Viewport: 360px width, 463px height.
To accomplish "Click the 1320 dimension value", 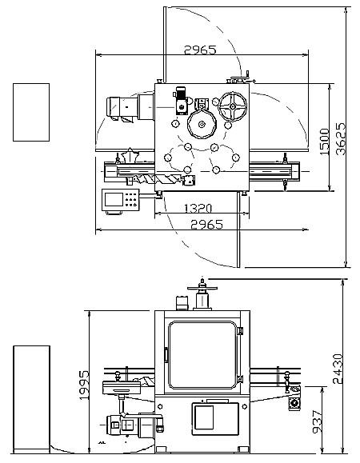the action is click(x=198, y=209).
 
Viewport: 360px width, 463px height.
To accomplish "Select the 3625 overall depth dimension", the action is click(x=341, y=139).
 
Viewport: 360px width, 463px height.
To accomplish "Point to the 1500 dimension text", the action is click(x=324, y=142).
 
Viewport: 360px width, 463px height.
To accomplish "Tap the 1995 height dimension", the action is click(x=84, y=385).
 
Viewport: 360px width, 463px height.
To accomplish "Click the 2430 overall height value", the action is click(x=338, y=369).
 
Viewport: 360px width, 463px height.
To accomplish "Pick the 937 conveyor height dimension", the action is click(x=318, y=421).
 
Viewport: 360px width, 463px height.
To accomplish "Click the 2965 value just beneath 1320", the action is click(x=206, y=225).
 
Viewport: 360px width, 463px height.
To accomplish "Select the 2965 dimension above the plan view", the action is click(x=200, y=50).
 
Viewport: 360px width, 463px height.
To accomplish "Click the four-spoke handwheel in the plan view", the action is click(x=233, y=106).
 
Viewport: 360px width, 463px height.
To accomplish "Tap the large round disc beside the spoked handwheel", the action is click(x=202, y=124).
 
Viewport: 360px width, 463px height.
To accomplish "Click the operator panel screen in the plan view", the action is click(x=114, y=199).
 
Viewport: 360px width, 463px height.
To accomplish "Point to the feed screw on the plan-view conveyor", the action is click(x=157, y=178).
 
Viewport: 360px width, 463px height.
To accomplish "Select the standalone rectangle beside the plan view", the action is click(x=31, y=112).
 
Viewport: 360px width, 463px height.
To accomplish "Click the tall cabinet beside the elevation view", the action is click(x=31, y=399).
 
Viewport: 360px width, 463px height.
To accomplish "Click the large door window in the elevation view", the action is click(x=202, y=355).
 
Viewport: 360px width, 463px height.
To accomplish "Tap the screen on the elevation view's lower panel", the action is click(x=204, y=417).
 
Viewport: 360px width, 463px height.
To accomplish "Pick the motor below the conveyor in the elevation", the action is click(x=134, y=425).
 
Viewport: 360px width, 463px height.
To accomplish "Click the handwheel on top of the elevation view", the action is click(x=202, y=288).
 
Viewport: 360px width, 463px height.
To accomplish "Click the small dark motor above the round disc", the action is click(x=181, y=101).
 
